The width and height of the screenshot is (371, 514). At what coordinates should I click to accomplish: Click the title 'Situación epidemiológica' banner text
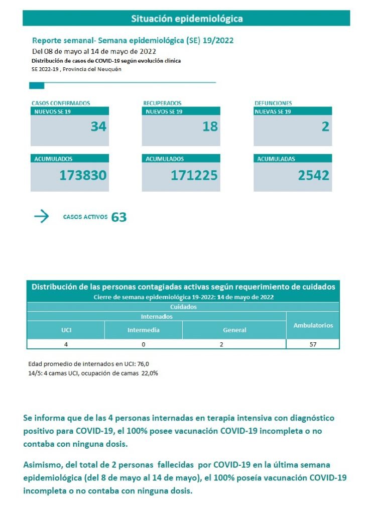click(x=187, y=19)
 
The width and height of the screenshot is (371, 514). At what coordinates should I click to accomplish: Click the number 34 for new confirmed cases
click(x=98, y=126)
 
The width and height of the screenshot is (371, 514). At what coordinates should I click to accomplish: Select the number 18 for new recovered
click(x=210, y=126)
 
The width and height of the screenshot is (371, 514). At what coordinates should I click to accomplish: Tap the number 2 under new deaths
click(x=325, y=126)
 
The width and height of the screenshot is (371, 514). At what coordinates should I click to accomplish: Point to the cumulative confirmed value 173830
click(x=83, y=175)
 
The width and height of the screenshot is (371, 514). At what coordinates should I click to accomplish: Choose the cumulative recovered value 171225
click(x=194, y=175)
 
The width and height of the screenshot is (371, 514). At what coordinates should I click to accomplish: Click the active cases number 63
click(x=119, y=217)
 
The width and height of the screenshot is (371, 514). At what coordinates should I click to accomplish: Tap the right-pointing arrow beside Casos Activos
click(x=42, y=216)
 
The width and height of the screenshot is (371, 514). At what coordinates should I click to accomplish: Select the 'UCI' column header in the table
click(x=65, y=330)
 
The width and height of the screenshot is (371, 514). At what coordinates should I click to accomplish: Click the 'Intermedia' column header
click(x=144, y=330)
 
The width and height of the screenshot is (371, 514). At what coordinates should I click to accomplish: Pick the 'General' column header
click(x=234, y=330)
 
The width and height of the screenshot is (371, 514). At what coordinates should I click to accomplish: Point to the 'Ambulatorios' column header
click(x=313, y=325)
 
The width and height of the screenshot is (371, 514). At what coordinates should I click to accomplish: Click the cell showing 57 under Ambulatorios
click(x=313, y=344)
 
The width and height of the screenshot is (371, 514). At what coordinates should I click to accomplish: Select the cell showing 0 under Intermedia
click(x=144, y=344)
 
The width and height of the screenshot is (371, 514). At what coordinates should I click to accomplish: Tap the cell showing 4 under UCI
click(x=65, y=344)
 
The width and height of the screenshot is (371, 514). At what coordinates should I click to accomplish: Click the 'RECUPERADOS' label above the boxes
click(x=162, y=103)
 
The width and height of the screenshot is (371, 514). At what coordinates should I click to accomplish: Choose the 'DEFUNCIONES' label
click(x=273, y=103)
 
